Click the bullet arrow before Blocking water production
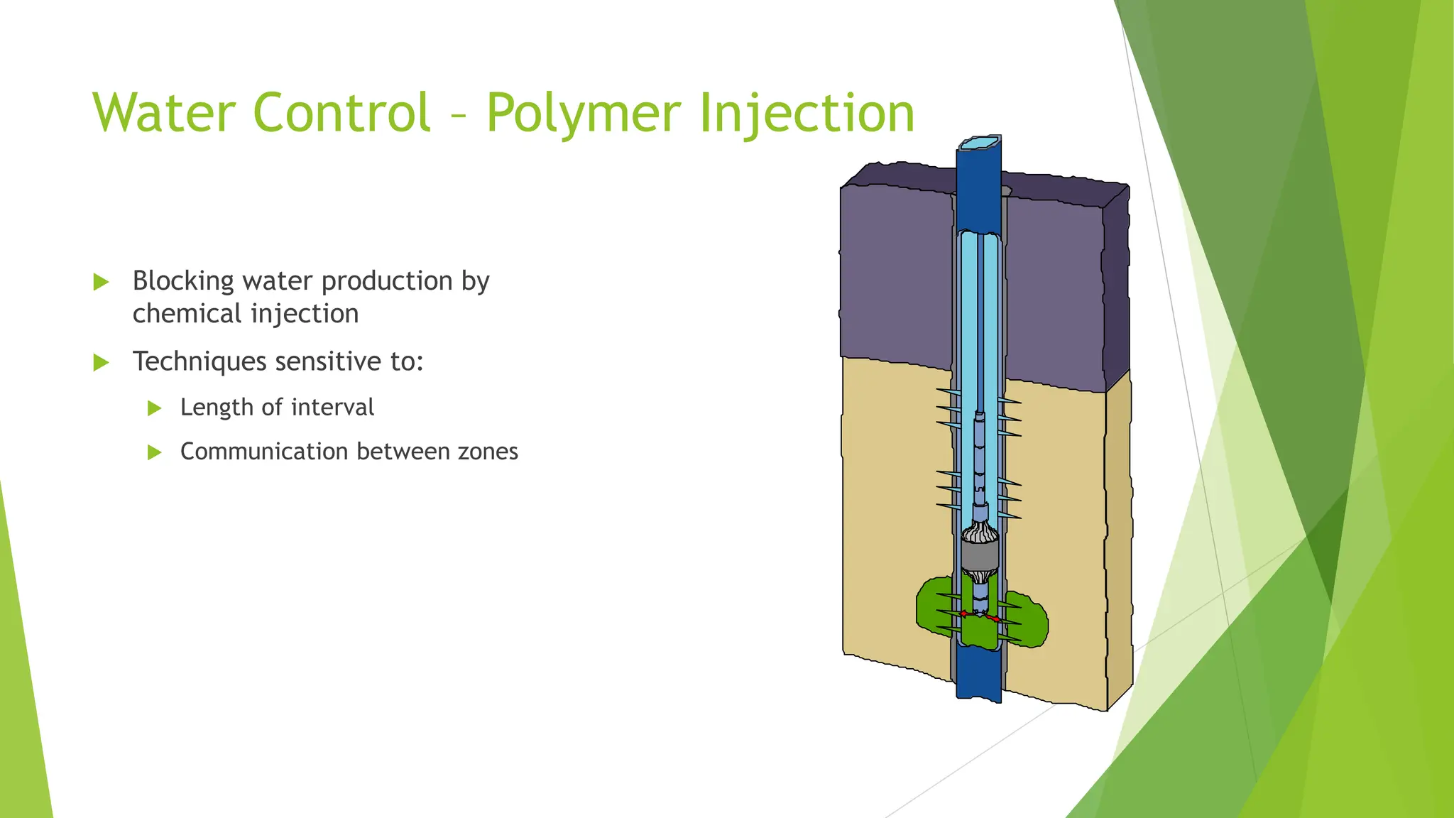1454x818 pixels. pyautogui.click(x=101, y=283)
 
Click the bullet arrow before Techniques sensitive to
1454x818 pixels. pyautogui.click(x=101, y=363)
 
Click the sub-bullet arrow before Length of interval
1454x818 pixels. pyautogui.click(x=154, y=408)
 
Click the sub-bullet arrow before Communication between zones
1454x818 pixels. pyautogui.click(x=154, y=452)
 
